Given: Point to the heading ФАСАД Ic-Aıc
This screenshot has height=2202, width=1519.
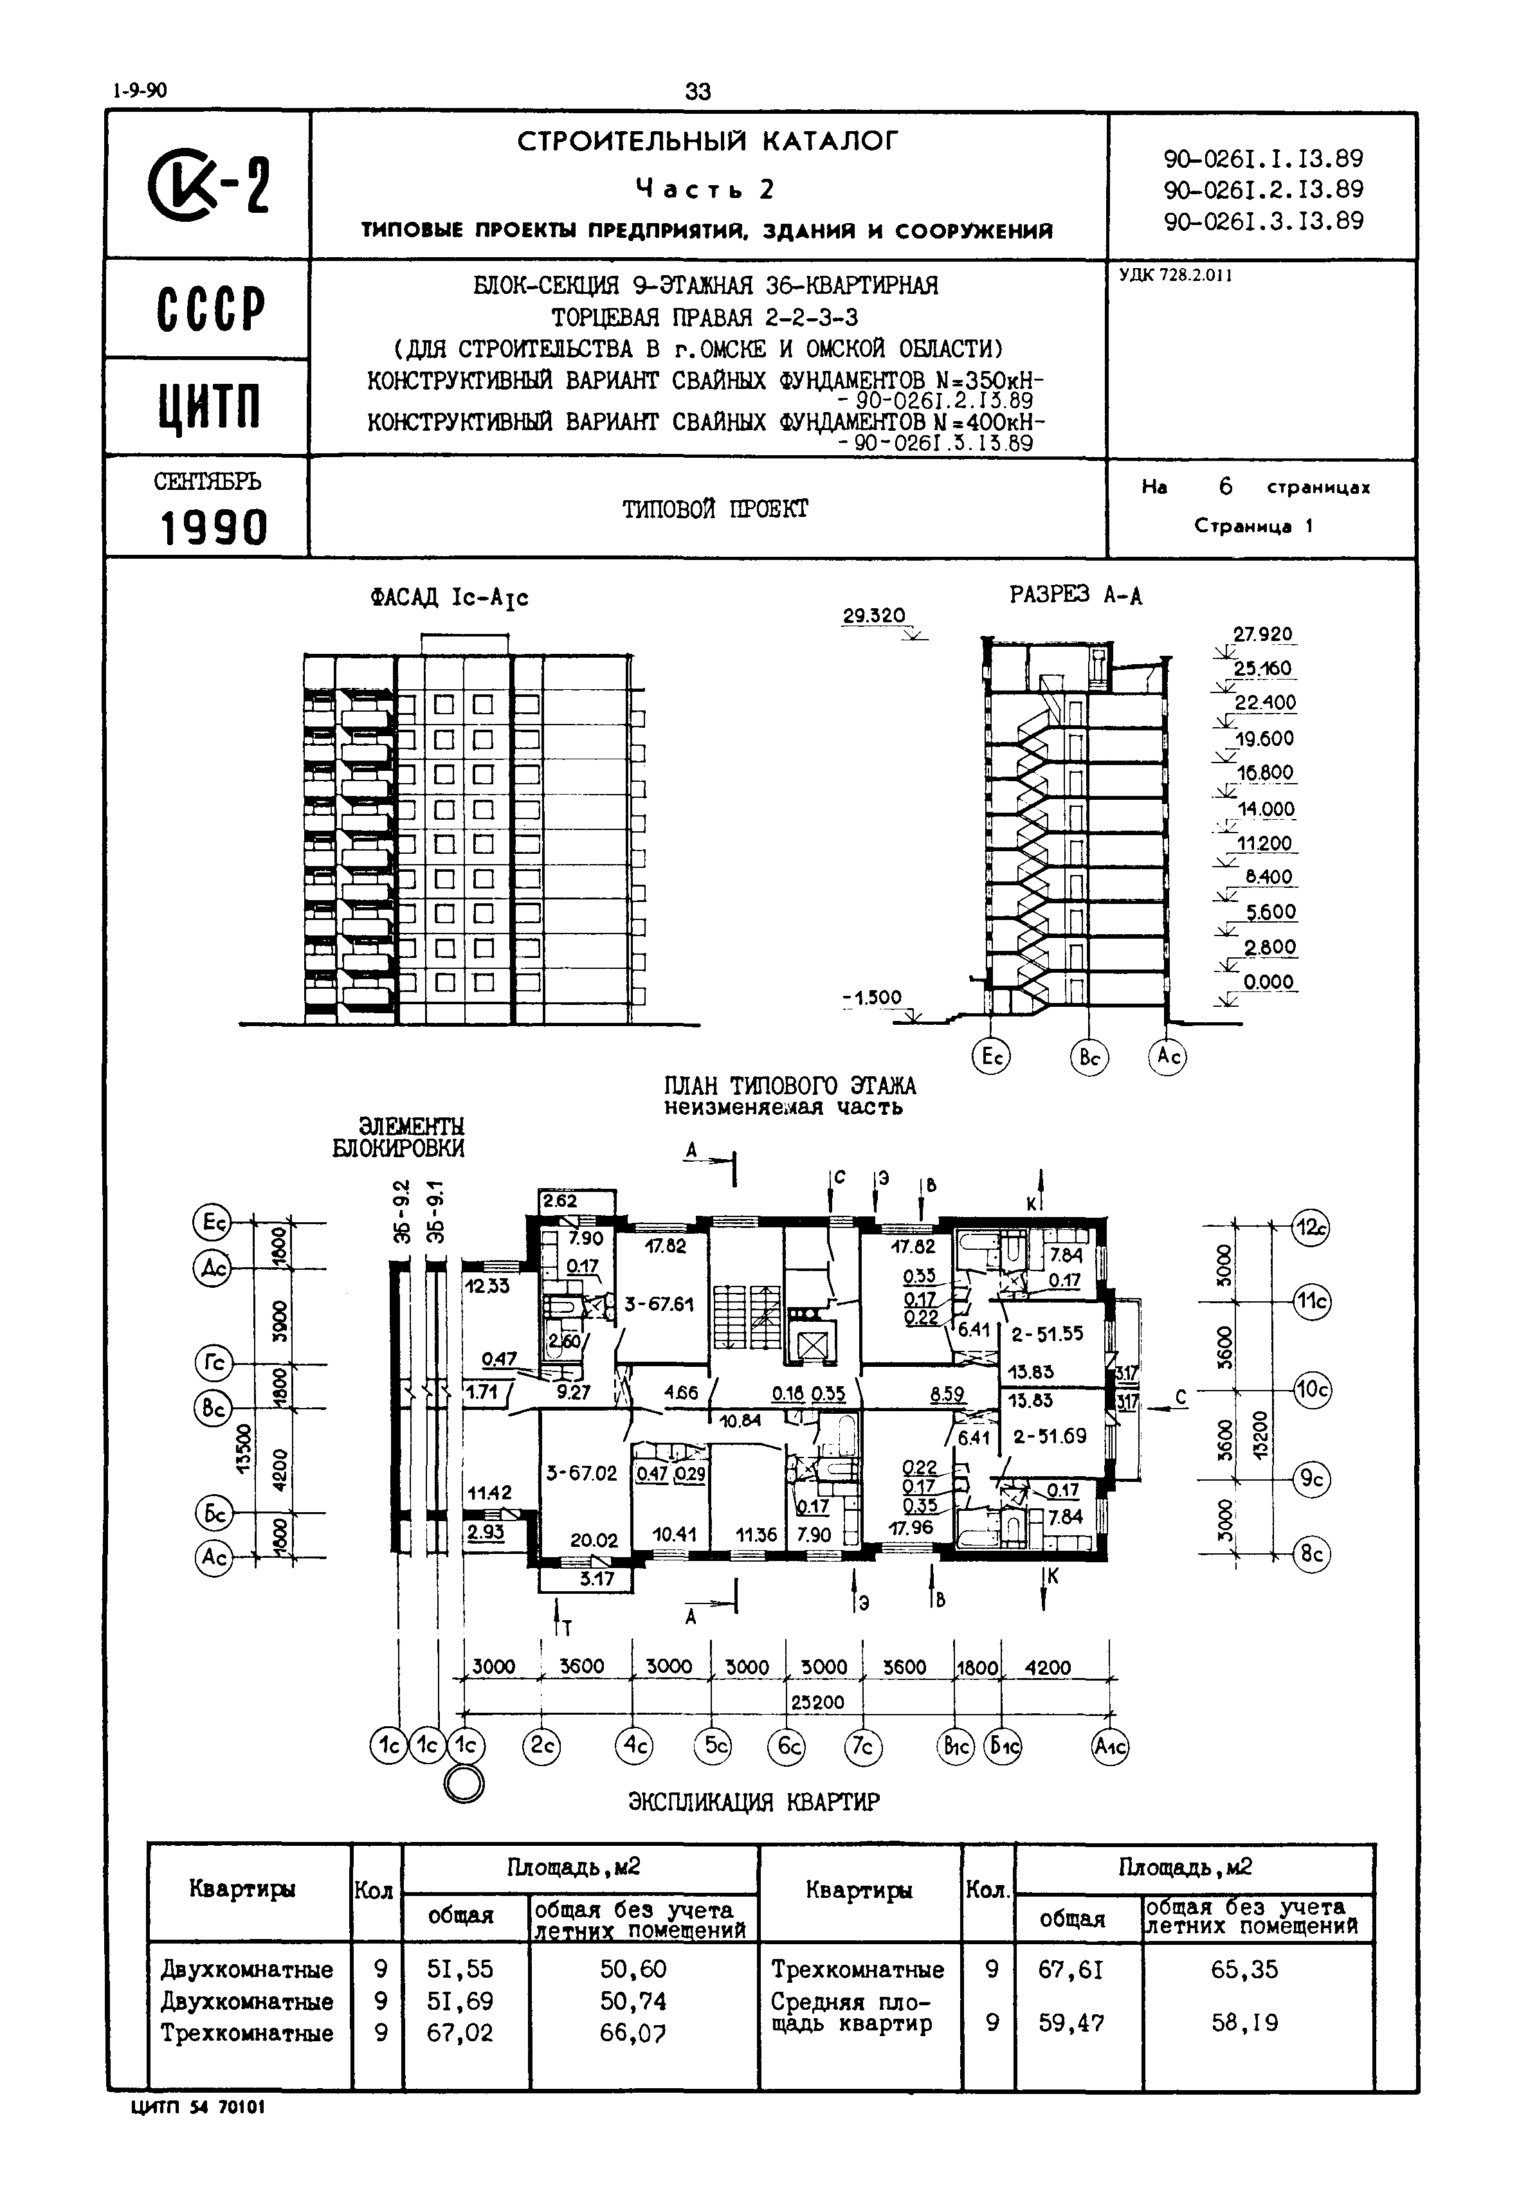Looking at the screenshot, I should coord(450,598).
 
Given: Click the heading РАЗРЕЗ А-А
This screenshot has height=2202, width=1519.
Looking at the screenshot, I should coord(1075,596).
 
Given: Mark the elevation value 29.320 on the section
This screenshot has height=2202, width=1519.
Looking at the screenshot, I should coord(874,616).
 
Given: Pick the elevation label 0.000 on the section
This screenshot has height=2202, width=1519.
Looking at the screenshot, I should coord(1269,982).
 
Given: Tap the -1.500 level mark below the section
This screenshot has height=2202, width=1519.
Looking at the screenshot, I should coord(872,998).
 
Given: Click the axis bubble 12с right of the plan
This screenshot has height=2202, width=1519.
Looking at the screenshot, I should coord(1311,1229).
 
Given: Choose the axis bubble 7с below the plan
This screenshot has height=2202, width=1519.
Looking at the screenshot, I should coord(863,1747).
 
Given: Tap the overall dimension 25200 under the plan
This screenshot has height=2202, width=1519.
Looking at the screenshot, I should coord(817,1702).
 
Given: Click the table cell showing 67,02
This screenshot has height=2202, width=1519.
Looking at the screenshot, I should coord(460,2034).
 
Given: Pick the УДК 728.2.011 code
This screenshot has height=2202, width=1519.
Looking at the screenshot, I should coord(1176,276).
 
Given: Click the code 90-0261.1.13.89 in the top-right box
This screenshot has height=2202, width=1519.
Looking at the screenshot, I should coord(1263,158).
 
